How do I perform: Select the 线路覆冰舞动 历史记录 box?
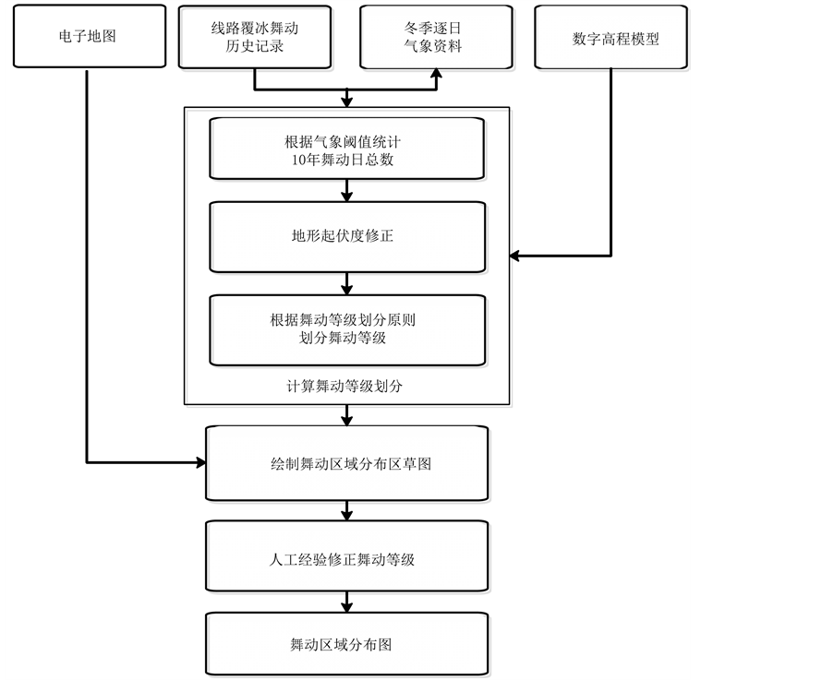click(x=254, y=37)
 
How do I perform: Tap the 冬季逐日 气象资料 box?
click(x=437, y=37)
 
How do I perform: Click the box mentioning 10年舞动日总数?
click(x=347, y=149)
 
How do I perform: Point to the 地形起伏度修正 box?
click(x=347, y=236)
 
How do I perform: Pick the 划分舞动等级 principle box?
click(x=347, y=329)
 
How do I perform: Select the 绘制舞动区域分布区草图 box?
click(x=347, y=463)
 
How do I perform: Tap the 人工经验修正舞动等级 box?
click(x=347, y=558)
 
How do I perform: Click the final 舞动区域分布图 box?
click(x=347, y=644)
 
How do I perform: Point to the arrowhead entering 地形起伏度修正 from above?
click(x=347, y=196)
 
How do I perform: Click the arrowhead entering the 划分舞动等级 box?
click(x=347, y=289)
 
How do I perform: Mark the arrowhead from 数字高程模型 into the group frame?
click(x=516, y=255)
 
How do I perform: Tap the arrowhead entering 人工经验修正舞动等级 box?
click(x=347, y=514)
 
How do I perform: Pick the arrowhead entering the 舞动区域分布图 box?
click(x=347, y=608)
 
